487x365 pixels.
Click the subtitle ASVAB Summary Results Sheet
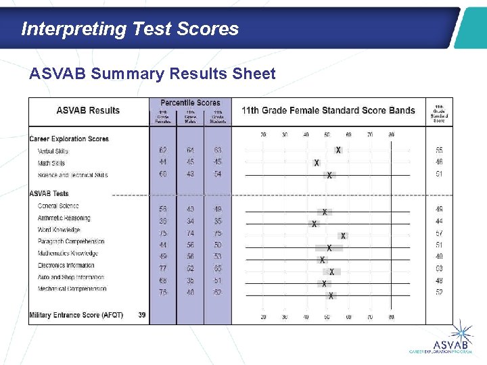coord(152,74)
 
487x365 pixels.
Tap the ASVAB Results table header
coord(88,111)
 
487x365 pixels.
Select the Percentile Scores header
coord(190,103)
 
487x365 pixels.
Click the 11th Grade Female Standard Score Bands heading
coord(328,111)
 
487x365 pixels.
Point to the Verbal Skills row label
coord(53,151)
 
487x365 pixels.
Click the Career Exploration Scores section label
coord(69,139)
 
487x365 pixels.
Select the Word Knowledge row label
coord(59,230)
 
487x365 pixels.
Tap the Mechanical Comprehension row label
coord(72,289)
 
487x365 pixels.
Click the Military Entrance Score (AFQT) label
coord(76,315)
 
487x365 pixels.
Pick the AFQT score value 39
coord(141,315)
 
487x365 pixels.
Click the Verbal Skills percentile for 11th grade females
coord(163,150)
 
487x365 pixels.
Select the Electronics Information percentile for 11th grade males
coord(190,268)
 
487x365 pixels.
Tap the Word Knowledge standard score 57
coord(439,233)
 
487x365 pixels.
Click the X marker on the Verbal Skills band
coord(338,150)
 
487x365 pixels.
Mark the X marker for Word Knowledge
coord(343,236)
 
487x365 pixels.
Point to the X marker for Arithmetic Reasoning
coord(314,224)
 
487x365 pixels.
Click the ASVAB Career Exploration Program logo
coord(450,341)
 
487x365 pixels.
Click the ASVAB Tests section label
coord(49,194)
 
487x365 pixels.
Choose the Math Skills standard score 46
coord(439,162)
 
